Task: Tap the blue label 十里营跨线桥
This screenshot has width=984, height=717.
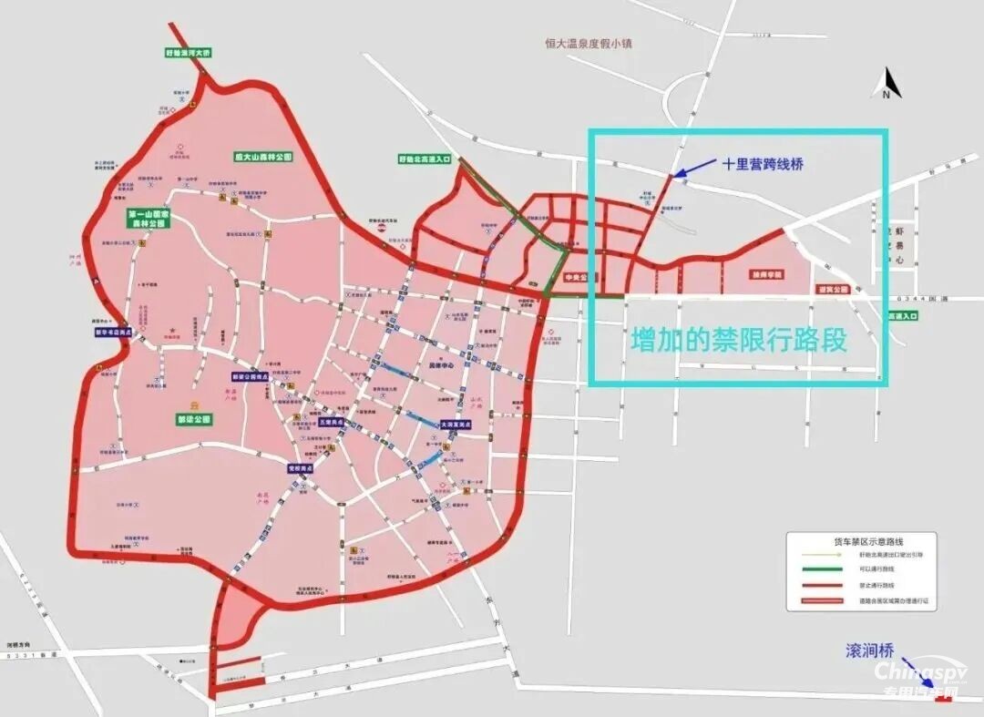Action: point(764,164)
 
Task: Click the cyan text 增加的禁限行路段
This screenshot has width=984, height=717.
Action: point(739,340)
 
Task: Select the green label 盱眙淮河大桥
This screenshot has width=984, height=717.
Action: point(189,54)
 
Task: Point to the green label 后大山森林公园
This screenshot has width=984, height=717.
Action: point(264,157)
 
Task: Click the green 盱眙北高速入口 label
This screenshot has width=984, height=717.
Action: point(425,159)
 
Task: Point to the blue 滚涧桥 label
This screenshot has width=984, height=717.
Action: point(869,650)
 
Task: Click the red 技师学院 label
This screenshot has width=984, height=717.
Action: point(767,274)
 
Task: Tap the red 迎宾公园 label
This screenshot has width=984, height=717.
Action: point(833,290)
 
